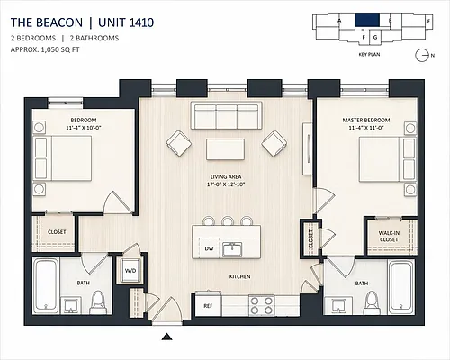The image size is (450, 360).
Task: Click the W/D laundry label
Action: point(130,271)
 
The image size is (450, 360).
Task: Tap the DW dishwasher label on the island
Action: point(209,248)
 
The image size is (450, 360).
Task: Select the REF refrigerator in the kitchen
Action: point(208,305)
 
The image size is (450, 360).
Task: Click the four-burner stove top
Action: point(262,306)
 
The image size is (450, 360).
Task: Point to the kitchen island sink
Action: point(232,249)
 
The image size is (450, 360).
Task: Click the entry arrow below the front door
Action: point(167,337)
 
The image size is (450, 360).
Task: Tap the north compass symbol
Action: point(420,56)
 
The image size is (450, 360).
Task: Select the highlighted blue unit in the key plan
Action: point(367,20)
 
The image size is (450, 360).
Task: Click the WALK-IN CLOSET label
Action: point(389,237)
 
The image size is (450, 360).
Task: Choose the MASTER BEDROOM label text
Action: point(366,120)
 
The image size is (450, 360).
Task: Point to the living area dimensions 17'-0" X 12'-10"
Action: point(226,184)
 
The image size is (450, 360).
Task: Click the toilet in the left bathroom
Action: point(98,301)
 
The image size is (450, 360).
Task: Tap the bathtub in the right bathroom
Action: point(401,287)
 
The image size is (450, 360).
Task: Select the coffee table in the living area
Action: point(225,149)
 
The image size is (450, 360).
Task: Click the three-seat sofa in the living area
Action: point(227,115)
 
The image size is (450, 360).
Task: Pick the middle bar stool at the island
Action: point(228,220)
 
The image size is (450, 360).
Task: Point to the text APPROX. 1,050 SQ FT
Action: point(45,49)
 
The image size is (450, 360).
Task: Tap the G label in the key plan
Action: point(375,38)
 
